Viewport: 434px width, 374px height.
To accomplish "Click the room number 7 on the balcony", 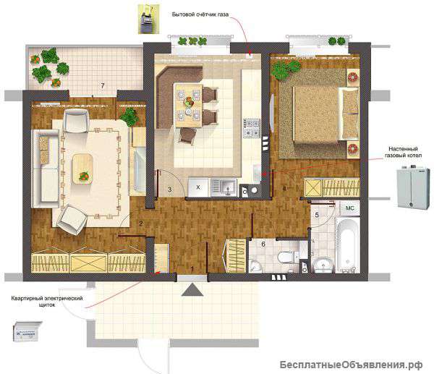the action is click(x=103, y=85).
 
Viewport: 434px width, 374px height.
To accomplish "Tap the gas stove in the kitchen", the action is click(x=252, y=128).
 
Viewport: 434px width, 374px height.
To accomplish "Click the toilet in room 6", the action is click(x=286, y=258).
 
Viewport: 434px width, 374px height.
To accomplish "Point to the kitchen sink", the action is click(x=224, y=187).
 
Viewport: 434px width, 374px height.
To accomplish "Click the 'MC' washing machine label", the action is click(x=349, y=208).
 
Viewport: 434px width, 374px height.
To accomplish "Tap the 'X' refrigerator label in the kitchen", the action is click(x=198, y=187).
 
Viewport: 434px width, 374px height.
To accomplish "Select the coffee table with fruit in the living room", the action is click(x=82, y=169).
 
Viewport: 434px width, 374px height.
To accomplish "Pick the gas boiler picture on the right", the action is click(x=414, y=187).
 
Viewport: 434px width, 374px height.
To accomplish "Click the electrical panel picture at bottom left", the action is click(x=27, y=331).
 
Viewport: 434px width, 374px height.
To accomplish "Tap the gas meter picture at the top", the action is click(x=149, y=20).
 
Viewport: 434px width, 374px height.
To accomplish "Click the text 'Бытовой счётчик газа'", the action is click(x=200, y=14).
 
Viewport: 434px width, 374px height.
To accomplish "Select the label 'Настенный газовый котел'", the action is click(x=404, y=152).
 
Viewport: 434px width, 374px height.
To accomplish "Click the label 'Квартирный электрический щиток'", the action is click(x=47, y=302).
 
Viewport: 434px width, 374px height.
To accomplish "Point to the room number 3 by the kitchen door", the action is click(x=170, y=190).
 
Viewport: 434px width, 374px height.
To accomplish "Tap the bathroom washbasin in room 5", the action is click(x=323, y=263).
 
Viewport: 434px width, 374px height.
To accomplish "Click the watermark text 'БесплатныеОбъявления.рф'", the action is click(x=351, y=365).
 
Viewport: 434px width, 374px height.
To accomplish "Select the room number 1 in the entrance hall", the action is click(x=193, y=269).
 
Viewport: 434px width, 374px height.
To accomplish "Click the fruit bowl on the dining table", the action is click(x=189, y=101).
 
